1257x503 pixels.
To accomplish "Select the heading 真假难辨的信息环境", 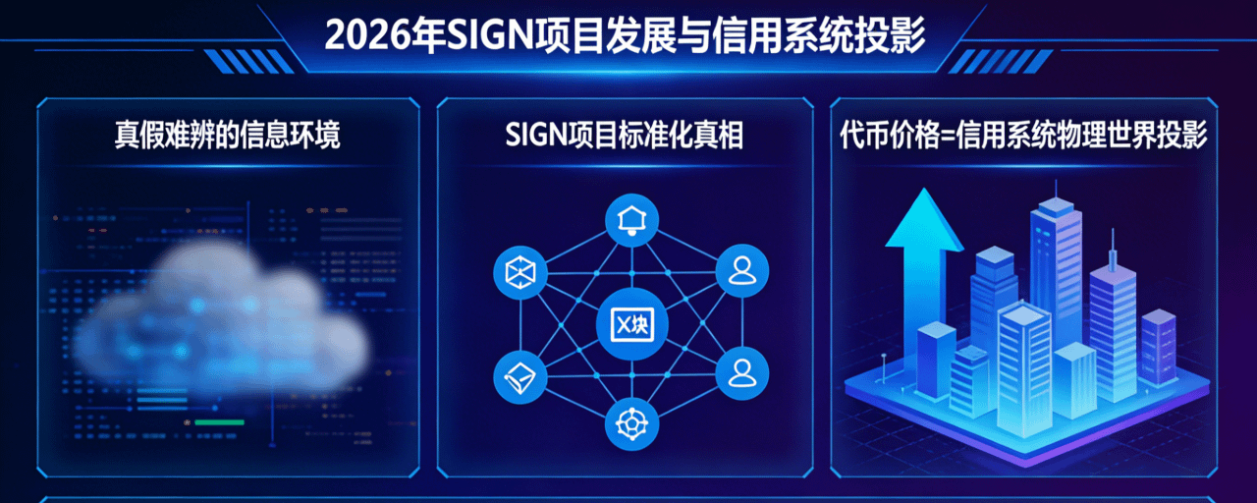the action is (x=228, y=137).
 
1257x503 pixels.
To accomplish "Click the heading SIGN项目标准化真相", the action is (x=625, y=137).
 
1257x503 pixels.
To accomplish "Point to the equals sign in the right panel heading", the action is (x=940, y=137).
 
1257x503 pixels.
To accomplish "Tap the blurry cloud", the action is (x=221, y=314).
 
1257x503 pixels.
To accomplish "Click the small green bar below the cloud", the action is (x=219, y=422).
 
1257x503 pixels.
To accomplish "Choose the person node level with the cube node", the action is (x=742, y=271).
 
